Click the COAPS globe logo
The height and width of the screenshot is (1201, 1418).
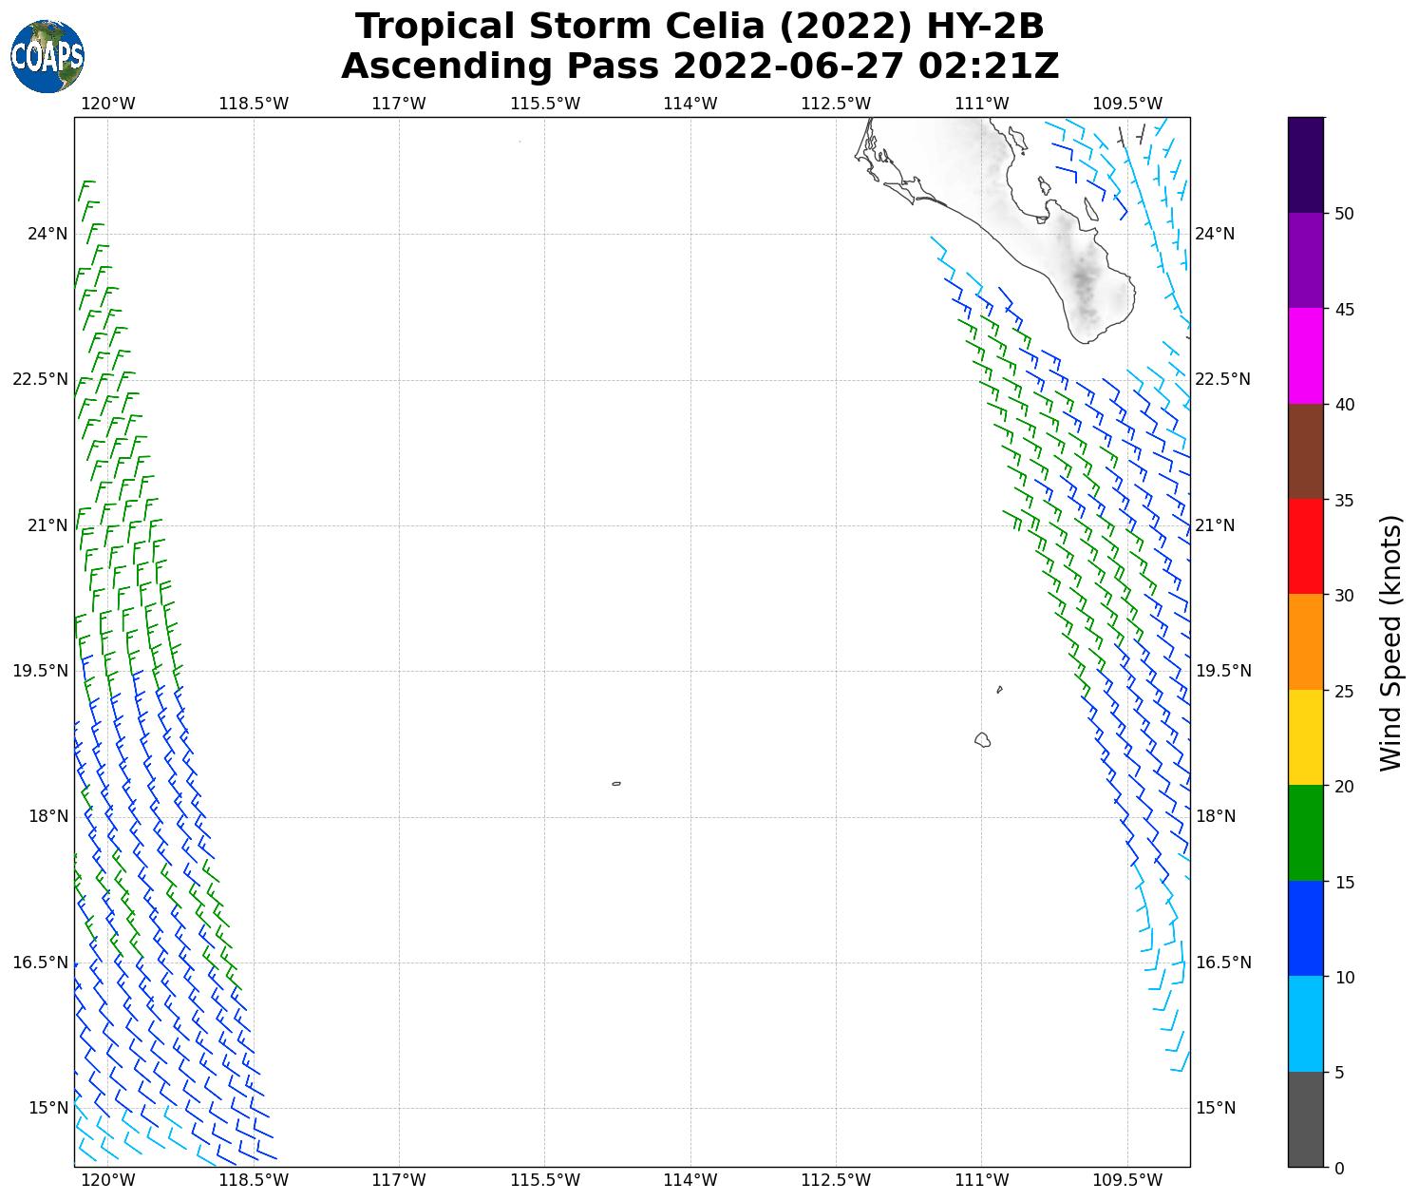coord(47,56)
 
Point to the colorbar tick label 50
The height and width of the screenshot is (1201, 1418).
coord(1344,214)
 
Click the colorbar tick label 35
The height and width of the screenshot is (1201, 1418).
coord(1344,501)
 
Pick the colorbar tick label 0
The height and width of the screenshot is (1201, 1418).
coord(1339,1169)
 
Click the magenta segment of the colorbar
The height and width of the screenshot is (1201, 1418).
coord(1306,356)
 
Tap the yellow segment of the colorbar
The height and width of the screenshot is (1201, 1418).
coord(1306,738)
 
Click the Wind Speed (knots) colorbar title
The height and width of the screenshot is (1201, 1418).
coord(1390,643)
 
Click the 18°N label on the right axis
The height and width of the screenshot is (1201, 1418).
coord(1216,816)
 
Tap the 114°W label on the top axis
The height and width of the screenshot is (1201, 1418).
coord(690,103)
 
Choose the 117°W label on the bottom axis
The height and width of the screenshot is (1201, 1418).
coord(399,1180)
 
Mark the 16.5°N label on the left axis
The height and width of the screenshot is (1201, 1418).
coord(40,963)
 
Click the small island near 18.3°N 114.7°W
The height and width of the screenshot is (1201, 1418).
coord(616,784)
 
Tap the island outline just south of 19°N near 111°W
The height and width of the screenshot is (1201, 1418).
coord(982,739)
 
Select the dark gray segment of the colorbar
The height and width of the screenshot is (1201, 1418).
coord(1306,1119)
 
